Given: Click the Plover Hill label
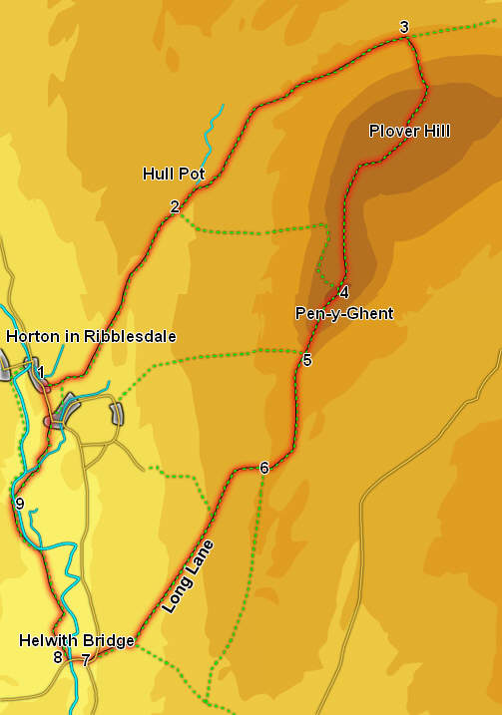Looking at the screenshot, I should click(409, 132).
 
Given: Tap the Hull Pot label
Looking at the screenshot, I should click(174, 174).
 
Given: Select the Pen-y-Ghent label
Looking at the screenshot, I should click(344, 313).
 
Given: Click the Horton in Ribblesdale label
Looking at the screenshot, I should click(91, 337).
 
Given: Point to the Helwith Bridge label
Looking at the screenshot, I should click(76, 641).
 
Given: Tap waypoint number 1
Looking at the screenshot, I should click(41, 372).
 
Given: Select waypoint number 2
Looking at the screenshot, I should click(175, 206).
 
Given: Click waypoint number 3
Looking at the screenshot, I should click(403, 27).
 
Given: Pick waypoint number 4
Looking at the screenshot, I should click(343, 292).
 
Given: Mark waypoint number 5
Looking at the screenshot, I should click(306, 360).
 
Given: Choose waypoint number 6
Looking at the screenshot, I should click(263, 468).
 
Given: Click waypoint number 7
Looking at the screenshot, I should click(86, 659).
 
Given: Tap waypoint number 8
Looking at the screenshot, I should click(58, 658).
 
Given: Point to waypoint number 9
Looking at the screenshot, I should click(19, 504).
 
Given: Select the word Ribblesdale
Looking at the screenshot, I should click(128, 337).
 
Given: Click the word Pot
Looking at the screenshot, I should click(193, 174).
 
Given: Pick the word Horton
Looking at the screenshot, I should click(30, 337).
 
